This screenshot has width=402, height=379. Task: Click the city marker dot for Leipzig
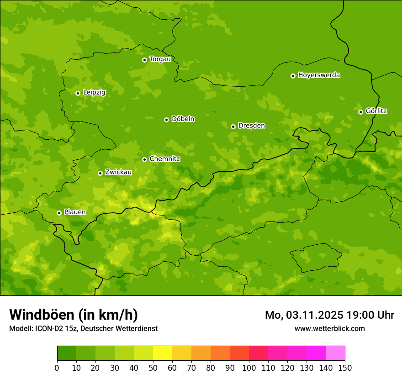point(78,93)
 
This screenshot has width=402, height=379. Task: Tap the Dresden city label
point(251,126)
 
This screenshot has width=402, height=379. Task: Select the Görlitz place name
point(376,111)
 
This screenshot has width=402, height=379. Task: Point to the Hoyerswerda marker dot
point(293,76)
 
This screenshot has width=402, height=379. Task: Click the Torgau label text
point(160,59)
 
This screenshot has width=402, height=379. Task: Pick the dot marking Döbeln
point(166,120)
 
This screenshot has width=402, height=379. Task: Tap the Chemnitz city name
point(164,159)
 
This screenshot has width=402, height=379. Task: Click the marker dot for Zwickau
point(100,173)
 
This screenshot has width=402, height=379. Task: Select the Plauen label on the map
point(74,212)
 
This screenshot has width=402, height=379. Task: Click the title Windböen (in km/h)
point(74,315)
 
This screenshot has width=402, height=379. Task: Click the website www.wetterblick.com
point(329,328)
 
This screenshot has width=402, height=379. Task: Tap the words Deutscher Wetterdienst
point(120,328)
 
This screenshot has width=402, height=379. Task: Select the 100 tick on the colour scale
point(249,368)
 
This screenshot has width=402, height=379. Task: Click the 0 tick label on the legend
point(57,368)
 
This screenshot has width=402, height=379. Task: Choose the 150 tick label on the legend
point(345,368)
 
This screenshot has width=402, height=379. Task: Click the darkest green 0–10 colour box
point(67,353)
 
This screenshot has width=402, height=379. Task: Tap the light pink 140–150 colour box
point(335,353)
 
